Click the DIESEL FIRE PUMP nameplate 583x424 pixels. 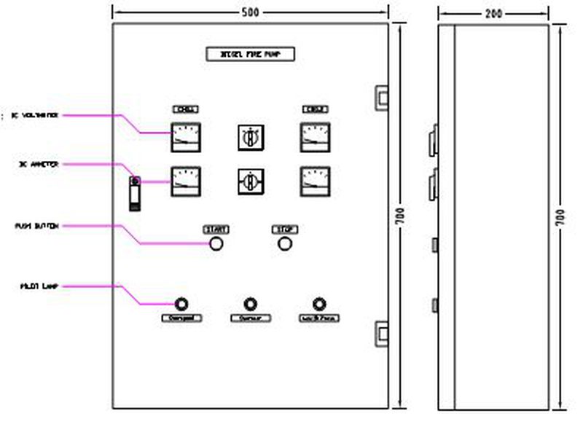click(251, 55)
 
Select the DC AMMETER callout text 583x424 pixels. click(39, 165)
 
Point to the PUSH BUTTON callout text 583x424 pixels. click(36, 226)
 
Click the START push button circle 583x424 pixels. click(216, 243)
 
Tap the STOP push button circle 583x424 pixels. click(284, 243)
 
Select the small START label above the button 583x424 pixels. click(216, 229)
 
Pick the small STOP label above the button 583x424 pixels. click(284, 229)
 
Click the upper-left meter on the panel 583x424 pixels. click(186, 137)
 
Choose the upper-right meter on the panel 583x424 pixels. click(315, 137)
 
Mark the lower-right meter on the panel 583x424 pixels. click(315, 181)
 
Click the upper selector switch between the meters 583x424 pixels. click(250, 136)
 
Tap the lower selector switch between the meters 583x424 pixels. click(250, 181)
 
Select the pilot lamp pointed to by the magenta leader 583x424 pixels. click(181, 304)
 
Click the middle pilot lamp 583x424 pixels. click(250, 304)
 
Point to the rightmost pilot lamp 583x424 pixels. click(318, 304)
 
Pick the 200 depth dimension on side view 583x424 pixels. click(493, 12)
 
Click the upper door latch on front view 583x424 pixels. click(381, 95)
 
